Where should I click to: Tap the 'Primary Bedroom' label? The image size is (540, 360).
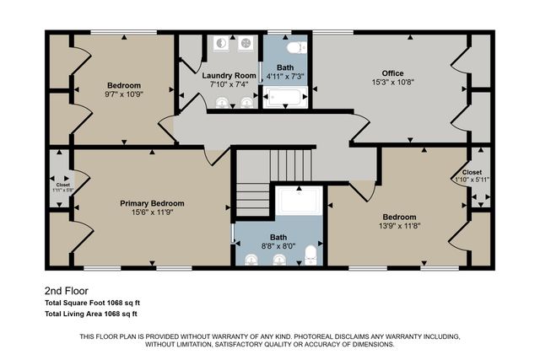[152, 203]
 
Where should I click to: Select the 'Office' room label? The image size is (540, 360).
[393, 73]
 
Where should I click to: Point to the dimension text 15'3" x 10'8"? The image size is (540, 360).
[393, 82]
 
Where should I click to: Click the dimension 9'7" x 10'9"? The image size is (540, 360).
[123, 94]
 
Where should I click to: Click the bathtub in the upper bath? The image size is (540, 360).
[284, 99]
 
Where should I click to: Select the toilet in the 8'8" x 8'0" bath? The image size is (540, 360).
[309, 253]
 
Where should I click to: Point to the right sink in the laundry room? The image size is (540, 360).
[246, 103]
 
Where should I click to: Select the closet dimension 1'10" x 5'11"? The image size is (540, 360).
[472, 179]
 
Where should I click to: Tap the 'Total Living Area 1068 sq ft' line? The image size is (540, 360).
[102, 314]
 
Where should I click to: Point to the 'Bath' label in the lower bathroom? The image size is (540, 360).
[278, 237]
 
